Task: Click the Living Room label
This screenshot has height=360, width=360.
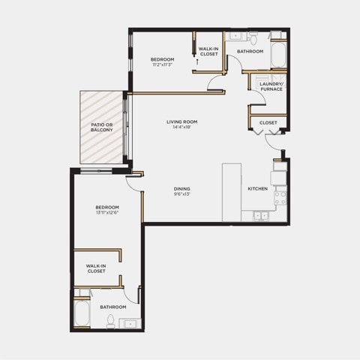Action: click(182, 121)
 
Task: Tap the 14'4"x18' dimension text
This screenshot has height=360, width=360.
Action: click(182, 127)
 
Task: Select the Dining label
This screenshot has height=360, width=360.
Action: click(182, 189)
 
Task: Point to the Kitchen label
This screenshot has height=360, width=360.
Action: click(258, 189)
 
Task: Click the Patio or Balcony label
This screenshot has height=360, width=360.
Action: click(102, 127)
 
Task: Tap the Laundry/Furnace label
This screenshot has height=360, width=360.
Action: click(271, 86)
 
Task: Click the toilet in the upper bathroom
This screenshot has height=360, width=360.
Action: click(253, 38)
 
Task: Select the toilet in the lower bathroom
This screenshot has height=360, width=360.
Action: click(110, 321)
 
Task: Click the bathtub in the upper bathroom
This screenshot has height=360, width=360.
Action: click(278, 55)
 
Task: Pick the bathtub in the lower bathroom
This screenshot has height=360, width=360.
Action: click(82, 313)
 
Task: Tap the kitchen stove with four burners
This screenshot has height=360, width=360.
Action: click(280, 198)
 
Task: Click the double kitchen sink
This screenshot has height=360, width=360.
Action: click(261, 216)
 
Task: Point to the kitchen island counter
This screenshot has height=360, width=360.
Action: click(232, 192)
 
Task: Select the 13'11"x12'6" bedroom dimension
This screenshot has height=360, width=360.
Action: click(107, 213)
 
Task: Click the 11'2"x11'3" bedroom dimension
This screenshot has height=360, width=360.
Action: click(163, 64)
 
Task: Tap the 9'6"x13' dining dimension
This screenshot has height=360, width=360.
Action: click(182, 194)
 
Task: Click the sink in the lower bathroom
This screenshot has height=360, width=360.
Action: click(130, 323)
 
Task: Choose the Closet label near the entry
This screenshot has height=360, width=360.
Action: click(268, 123)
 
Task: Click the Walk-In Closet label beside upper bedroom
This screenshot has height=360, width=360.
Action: click(208, 52)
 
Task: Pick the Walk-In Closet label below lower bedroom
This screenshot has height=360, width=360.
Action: click(96, 268)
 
